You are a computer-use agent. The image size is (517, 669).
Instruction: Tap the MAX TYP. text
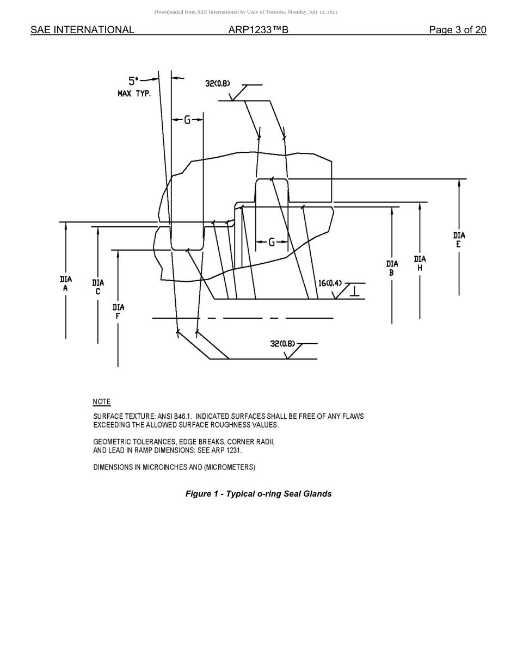[134, 94]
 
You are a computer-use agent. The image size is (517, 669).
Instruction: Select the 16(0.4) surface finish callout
[330, 283]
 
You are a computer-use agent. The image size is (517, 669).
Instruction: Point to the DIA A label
[65, 283]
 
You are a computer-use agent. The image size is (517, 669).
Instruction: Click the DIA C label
[98, 287]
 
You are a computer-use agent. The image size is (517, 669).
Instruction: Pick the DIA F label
[118, 312]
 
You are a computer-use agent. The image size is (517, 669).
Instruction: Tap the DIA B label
[392, 268]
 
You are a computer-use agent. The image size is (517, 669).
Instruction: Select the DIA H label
[420, 264]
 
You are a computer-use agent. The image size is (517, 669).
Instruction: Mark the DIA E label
[459, 240]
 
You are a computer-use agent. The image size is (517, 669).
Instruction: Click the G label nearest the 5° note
[187, 120]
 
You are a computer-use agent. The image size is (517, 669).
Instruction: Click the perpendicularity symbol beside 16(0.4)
[354, 291]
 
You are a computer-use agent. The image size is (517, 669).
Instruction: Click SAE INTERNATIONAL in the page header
[82, 30]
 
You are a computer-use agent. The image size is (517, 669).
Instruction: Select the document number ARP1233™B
[258, 30]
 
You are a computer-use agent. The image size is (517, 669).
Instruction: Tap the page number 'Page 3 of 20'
[457, 30]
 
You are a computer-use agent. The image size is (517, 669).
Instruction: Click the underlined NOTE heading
[102, 402]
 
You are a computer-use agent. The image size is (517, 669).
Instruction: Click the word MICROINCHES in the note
[164, 467]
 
